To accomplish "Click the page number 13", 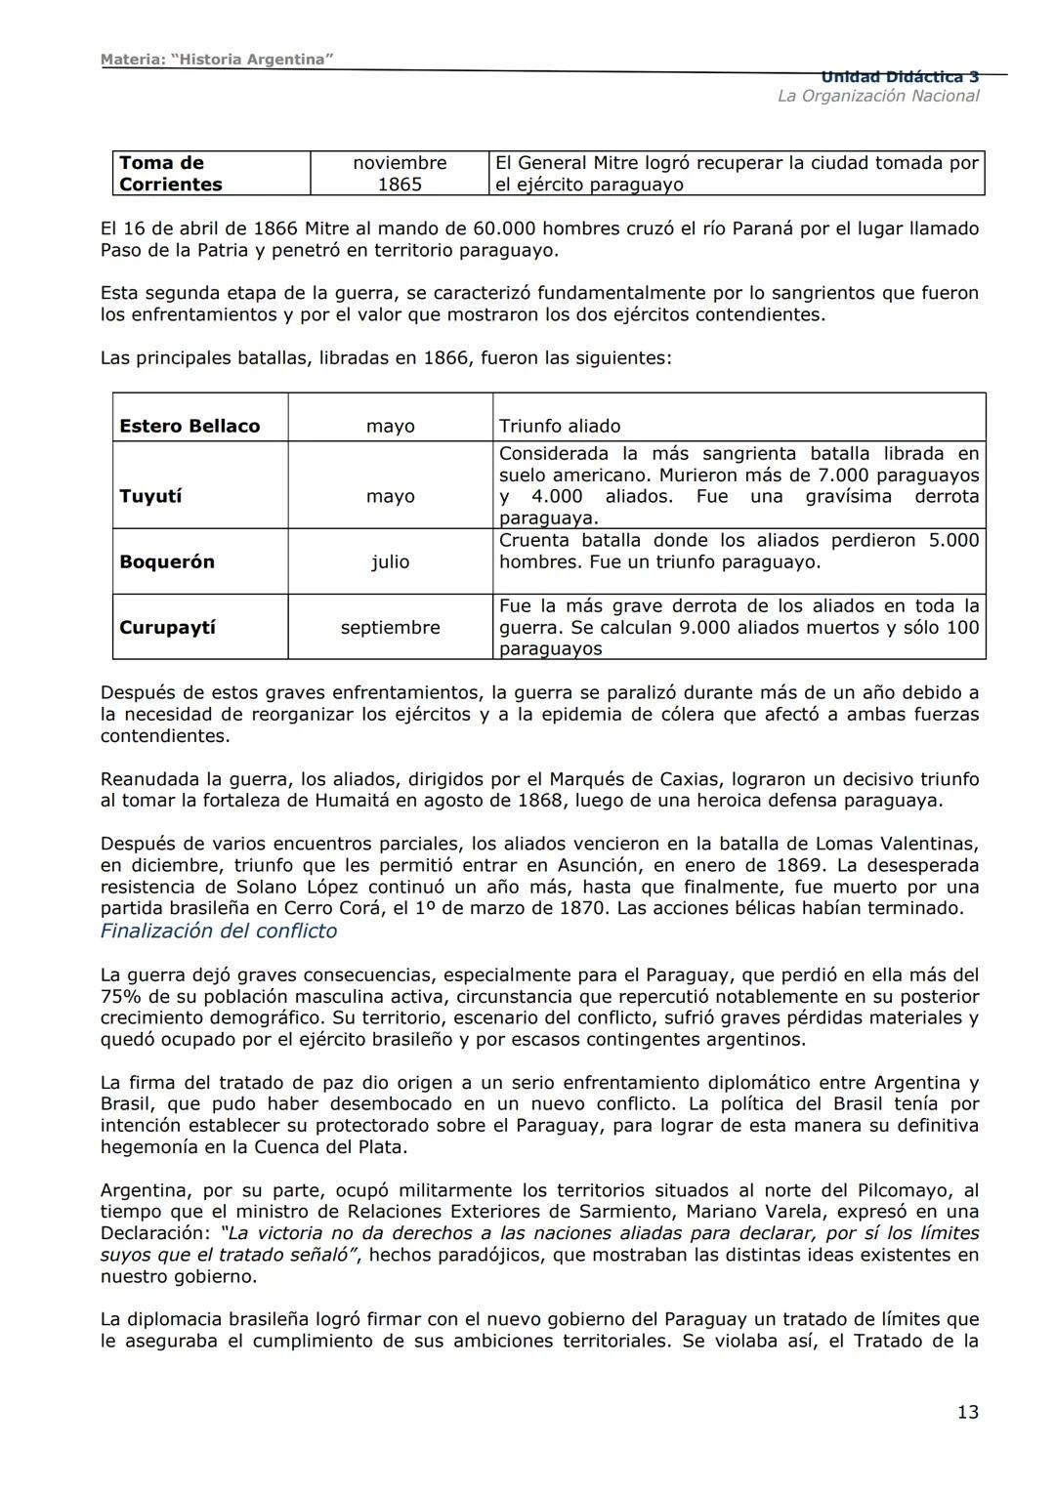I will (x=967, y=1412).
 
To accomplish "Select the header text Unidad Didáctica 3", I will (x=900, y=77).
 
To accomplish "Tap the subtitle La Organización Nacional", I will (x=877, y=96).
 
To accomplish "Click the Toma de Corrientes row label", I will (x=171, y=174).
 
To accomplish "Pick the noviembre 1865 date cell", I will (x=400, y=174).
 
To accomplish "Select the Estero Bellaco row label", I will (x=190, y=426).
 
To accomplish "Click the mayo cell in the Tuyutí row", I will (x=390, y=496).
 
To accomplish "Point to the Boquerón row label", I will (x=167, y=561).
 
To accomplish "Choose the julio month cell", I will (x=390, y=561).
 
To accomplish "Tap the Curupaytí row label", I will (x=167, y=627).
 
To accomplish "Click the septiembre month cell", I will (x=390, y=627).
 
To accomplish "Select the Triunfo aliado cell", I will (x=560, y=426).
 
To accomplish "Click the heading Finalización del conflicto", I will (x=219, y=931).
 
